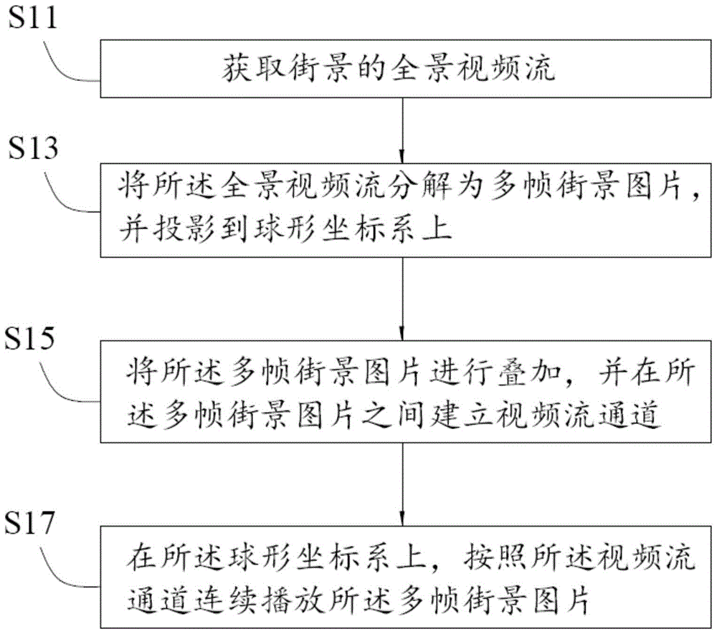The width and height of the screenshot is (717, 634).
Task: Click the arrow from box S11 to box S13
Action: point(402,130)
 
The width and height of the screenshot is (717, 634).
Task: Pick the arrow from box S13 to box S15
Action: point(402,299)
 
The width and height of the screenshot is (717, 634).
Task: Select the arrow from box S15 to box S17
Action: point(402,485)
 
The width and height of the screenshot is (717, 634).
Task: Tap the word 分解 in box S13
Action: point(421,186)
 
